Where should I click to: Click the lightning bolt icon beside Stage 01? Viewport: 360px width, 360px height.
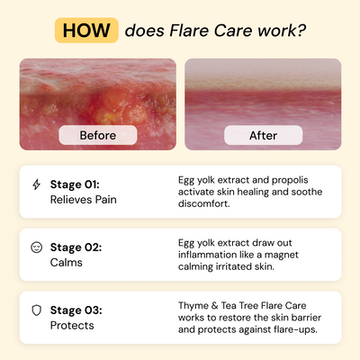(36, 184)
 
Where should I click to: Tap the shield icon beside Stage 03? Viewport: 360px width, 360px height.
(36, 310)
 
